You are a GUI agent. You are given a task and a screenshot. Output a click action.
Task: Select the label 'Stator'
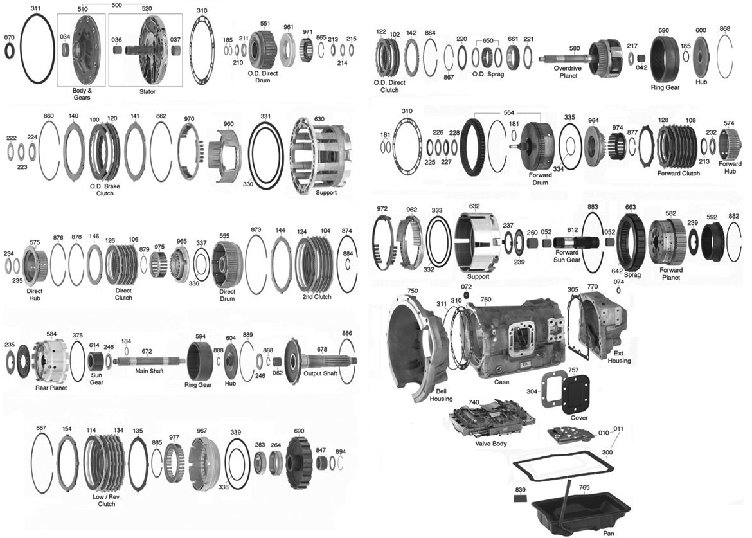[x=147, y=92]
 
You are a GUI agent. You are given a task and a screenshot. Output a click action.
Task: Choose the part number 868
[x=725, y=28]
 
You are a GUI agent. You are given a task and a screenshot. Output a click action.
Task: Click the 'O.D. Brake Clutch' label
[x=104, y=189]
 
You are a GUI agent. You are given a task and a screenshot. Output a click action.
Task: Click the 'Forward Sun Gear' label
[x=567, y=256]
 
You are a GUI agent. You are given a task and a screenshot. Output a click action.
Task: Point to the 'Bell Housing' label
[x=441, y=395]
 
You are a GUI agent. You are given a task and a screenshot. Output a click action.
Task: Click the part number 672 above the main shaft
[x=147, y=352]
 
